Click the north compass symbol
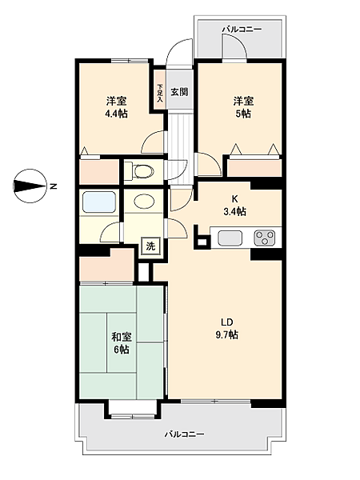coord(30,186)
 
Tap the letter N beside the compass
coord(53,186)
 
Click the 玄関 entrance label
coord(178,92)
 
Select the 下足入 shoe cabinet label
coord(160,92)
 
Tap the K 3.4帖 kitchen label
coord(234,205)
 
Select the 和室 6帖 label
coord(121,343)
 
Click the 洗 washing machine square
coord(150,246)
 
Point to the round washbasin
coord(144,202)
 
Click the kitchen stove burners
coord(265,238)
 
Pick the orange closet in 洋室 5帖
coord(254,168)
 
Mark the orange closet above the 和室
coord(106,265)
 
